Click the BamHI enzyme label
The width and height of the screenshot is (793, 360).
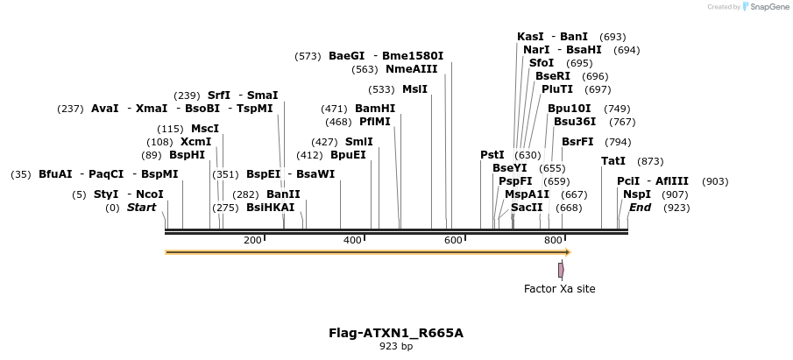[375, 109]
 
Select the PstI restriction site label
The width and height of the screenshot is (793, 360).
[492, 155]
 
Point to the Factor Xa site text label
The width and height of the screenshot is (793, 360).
[559, 288]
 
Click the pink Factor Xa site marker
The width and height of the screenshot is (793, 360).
[561, 270]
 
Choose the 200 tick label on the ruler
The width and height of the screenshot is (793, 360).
[252, 240]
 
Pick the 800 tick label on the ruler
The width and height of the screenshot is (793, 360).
[553, 240]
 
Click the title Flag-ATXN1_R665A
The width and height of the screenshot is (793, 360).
[396, 333]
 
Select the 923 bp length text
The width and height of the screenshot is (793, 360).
[396, 347]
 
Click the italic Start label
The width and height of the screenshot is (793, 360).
[141, 208]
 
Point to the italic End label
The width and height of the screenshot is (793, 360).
[641, 208]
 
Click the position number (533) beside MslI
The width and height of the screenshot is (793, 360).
[381, 89]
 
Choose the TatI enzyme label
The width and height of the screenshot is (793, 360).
[613, 161]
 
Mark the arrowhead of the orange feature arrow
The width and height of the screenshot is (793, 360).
[568, 252]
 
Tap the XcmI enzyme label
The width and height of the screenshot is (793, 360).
[195, 142]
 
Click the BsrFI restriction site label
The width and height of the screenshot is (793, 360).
[577, 142]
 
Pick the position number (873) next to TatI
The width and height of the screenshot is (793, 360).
[650, 161]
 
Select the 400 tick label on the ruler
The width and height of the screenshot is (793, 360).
[353, 240]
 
